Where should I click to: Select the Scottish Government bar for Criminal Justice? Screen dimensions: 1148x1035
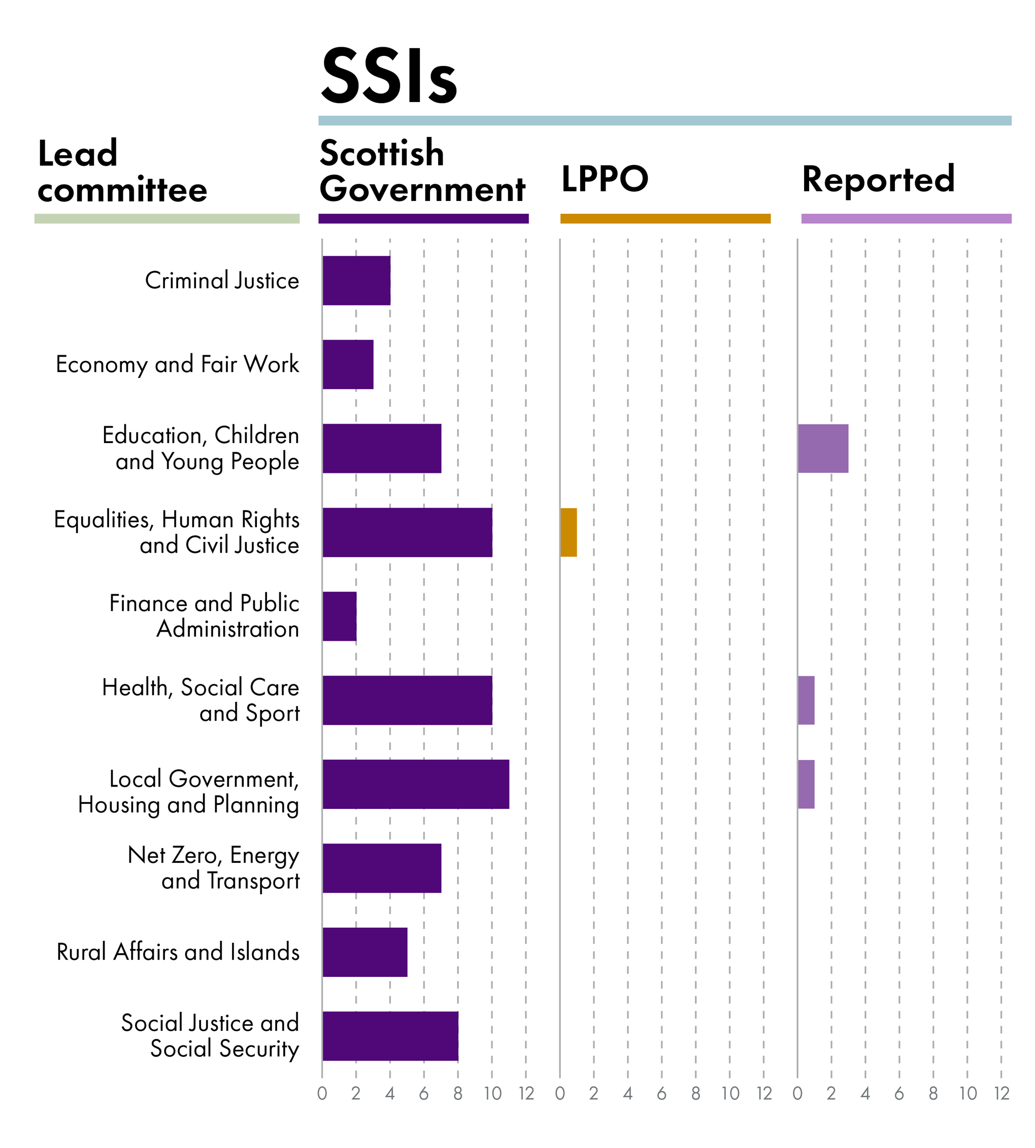[x=356, y=280]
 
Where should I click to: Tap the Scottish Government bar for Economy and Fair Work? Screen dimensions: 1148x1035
[x=348, y=364]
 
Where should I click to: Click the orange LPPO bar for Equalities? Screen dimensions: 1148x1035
[x=568, y=532]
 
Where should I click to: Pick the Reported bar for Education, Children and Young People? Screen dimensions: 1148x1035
[x=822, y=448]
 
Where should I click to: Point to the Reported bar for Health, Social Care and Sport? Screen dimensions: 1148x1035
[x=806, y=700]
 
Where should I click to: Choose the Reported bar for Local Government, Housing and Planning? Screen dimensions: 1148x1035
[x=806, y=784]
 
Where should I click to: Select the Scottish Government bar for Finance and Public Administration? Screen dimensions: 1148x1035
[x=340, y=616]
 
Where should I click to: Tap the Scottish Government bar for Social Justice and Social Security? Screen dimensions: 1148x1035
[x=390, y=1036]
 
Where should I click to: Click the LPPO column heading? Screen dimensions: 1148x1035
[x=605, y=179]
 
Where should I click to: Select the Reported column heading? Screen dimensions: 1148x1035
[x=878, y=179]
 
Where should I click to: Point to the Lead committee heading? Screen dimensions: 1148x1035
[x=122, y=171]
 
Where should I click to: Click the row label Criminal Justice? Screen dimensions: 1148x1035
[x=222, y=280]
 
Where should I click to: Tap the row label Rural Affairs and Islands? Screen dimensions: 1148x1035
[x=178, y=952]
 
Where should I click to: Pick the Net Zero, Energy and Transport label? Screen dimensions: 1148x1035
[x=213, y=868]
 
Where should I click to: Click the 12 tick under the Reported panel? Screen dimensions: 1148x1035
[x=1001, y=1093]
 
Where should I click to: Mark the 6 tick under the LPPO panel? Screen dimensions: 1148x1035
[x=661, y=1093]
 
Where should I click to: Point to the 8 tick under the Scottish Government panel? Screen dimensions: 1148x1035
[x=458, y=1093]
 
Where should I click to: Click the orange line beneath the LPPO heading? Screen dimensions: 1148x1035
[x=665, y=218]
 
